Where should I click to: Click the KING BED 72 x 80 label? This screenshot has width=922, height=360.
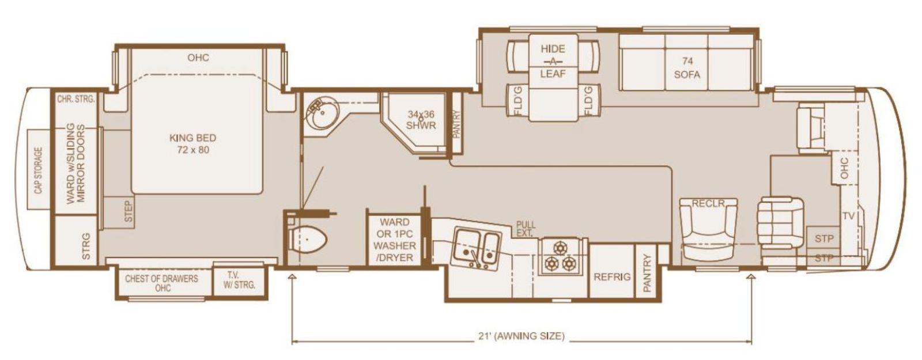coord(192,144)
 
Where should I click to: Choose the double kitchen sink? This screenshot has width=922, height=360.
coord(477,248)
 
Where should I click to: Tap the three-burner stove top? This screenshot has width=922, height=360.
coord(560,256)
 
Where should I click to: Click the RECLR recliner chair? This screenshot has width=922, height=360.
coord(708,229)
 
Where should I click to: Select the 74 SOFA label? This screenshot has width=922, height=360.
coord(687,68)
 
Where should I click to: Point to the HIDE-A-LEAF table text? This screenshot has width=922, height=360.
coord(553,61)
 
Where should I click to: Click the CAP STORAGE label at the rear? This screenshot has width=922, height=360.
coord(38,170)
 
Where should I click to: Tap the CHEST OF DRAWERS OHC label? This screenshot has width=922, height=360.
coord(162,283)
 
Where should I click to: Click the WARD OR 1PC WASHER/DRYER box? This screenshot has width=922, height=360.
coord(394,240)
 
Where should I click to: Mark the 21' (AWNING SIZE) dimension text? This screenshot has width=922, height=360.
coord(522,336)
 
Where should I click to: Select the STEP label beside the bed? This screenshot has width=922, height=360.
coord(129,211)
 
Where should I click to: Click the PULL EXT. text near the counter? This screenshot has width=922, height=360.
coord(526,229)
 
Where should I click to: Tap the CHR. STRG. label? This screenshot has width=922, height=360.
coord(76,98)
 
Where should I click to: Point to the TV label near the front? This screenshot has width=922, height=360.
coord(848,216)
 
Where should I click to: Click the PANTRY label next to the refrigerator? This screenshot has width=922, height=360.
coord(647,273)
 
